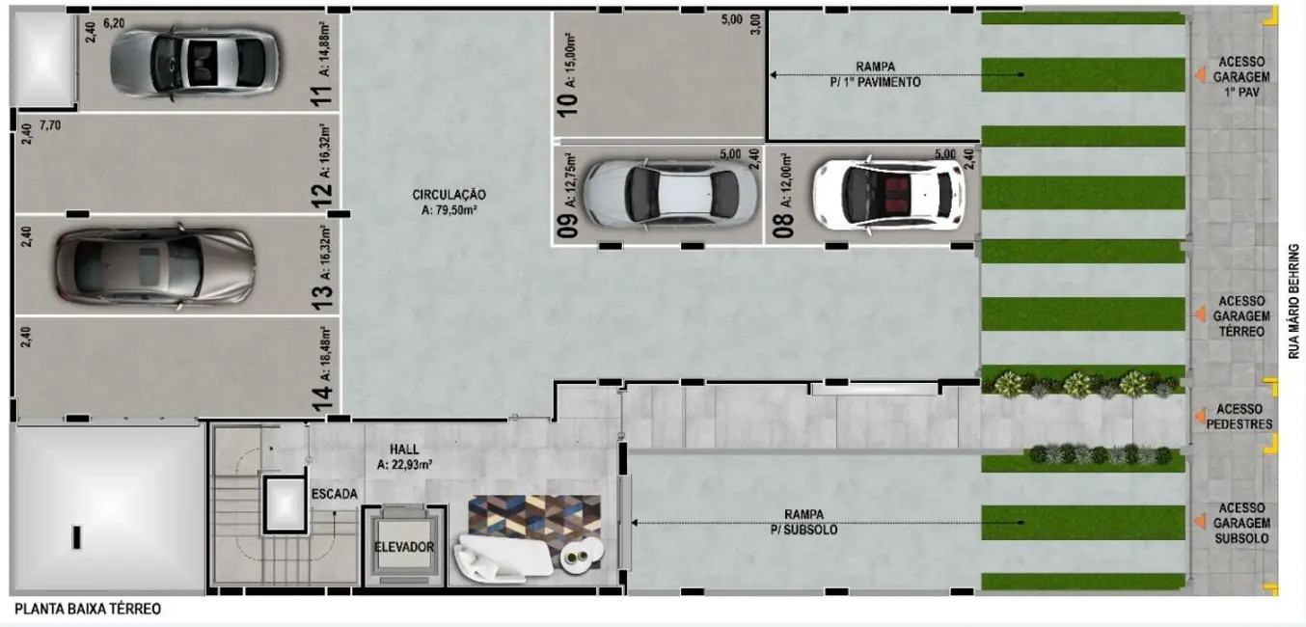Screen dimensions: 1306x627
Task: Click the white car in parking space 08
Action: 887,194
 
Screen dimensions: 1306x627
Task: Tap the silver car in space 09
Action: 670,193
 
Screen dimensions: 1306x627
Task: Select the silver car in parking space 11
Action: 194,64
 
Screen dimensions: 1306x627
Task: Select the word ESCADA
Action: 335,495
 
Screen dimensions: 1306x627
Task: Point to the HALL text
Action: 404,450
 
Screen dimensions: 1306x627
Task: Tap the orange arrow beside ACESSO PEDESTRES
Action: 1199,417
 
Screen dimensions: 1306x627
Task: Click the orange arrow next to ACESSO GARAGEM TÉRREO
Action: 1199,314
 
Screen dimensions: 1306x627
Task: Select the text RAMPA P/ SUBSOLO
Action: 810,523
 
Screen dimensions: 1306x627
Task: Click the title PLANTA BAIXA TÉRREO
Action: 88,610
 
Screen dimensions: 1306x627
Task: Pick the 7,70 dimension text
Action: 49,126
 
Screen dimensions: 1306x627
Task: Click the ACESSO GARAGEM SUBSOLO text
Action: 1242,523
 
